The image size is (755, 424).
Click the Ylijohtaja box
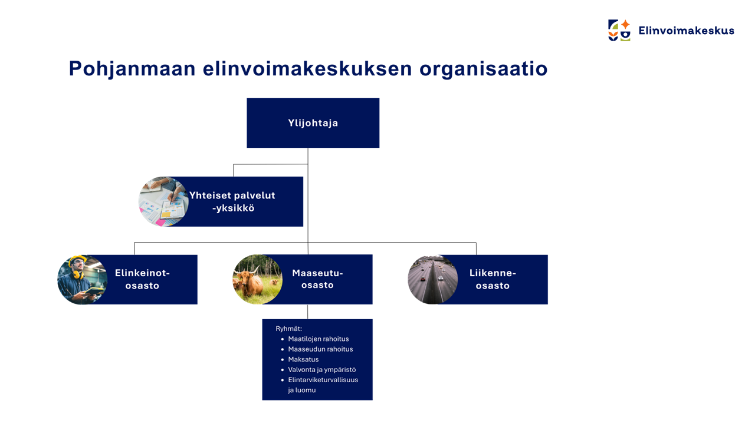313,123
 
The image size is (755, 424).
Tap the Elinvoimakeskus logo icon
619,30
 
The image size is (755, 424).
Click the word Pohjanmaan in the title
132,69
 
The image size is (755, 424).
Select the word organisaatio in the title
483,69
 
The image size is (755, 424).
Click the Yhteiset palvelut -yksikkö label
232,201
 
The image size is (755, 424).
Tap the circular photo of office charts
163,201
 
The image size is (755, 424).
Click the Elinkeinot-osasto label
142,279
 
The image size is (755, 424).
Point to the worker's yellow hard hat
77,260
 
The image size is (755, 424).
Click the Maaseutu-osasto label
317,279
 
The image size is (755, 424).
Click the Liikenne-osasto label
493,279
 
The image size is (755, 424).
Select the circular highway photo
433,280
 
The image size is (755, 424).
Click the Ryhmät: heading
289,329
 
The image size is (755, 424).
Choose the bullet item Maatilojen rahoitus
319,339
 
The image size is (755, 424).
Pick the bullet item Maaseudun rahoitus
320,349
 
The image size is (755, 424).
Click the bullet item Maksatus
303,359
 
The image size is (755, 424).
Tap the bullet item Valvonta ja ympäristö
322,370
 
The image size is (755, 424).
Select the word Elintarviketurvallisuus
323,380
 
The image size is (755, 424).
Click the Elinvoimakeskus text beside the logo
686,31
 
